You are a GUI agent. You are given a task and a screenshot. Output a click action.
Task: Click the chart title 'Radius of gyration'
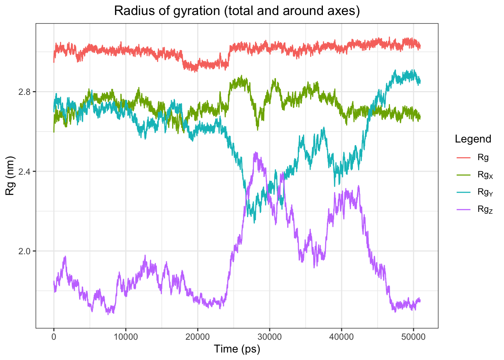237,11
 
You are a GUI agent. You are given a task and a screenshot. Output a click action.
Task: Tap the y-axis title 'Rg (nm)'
10,175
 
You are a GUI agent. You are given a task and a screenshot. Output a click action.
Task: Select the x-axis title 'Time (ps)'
237,349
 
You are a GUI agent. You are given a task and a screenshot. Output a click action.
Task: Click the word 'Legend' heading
473,139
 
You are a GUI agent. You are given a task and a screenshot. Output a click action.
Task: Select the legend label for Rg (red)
483,157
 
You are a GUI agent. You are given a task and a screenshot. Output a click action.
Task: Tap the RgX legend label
485,175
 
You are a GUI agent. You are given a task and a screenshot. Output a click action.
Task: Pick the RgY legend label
485,192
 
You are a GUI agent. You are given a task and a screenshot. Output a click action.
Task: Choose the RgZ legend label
485,210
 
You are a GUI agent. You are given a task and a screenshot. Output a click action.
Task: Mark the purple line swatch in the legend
463,209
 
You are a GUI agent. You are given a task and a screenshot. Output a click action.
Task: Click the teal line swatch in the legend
463,192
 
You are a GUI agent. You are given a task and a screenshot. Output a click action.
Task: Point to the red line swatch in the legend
463,157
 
